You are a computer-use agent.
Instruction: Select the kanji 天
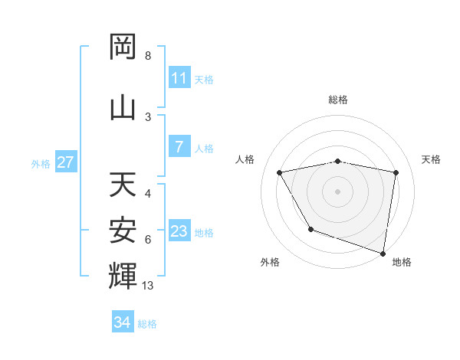[x=123, y=185]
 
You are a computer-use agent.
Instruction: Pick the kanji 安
[x=123, y=231]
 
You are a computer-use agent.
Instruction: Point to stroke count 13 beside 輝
[x=148, y=286]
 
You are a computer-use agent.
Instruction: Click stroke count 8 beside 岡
[x=148, y=56]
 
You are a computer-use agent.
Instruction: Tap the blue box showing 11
[x=179, y=78]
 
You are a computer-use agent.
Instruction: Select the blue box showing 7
[x=179, y=147]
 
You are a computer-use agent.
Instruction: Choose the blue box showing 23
[x=179, y=231]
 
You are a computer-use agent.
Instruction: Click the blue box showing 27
[x=65, y=162]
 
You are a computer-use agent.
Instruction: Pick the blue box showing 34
[x=123, y=322]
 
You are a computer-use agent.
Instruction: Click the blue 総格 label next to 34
[x=147, y=324]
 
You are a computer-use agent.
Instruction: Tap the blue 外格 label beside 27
[x=40, y=163]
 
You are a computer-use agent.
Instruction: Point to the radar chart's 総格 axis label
[x=337, y=100]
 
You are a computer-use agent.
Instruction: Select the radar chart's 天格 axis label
[x=432, y=159]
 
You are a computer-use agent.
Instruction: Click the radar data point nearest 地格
[x=383, y=253]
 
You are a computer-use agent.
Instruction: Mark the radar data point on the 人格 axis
[x=280, y=172]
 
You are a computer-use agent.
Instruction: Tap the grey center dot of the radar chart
[x=337, y=191]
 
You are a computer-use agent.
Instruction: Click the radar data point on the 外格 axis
[x=310, y=228]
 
